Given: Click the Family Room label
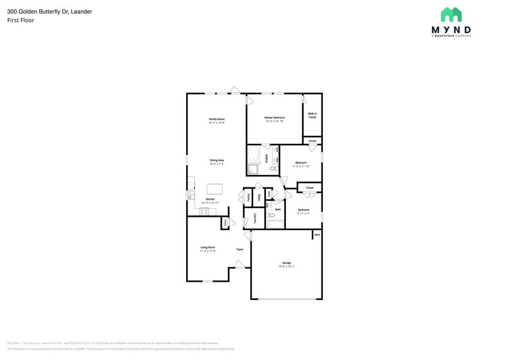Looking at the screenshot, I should click(x=217, y=119).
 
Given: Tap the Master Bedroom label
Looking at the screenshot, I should click(x=274, y=118).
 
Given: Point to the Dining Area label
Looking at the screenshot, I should click(x=217, y=160).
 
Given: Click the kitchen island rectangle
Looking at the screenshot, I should click(x=215, y=189).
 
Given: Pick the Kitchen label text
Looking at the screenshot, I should click(x=210, y=200).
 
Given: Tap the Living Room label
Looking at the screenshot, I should click(x=208, y=247).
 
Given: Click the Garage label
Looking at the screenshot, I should click(x=287, y=263).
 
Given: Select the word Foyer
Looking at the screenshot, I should click(x=240, y=249).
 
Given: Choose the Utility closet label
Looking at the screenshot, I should click(x=260, y=197).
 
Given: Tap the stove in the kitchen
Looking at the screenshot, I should click(x=204, y=211).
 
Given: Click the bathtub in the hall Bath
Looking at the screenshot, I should click(x=274, y=224).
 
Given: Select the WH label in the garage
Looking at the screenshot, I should click(x=317, y=234).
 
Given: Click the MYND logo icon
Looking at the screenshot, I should click(x=451, y=15).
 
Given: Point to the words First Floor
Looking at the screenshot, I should click(x=21, y=20).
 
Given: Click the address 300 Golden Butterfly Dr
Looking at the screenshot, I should click(x=50, y=11).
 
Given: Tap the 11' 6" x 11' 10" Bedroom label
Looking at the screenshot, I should click(x=301, y=164).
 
